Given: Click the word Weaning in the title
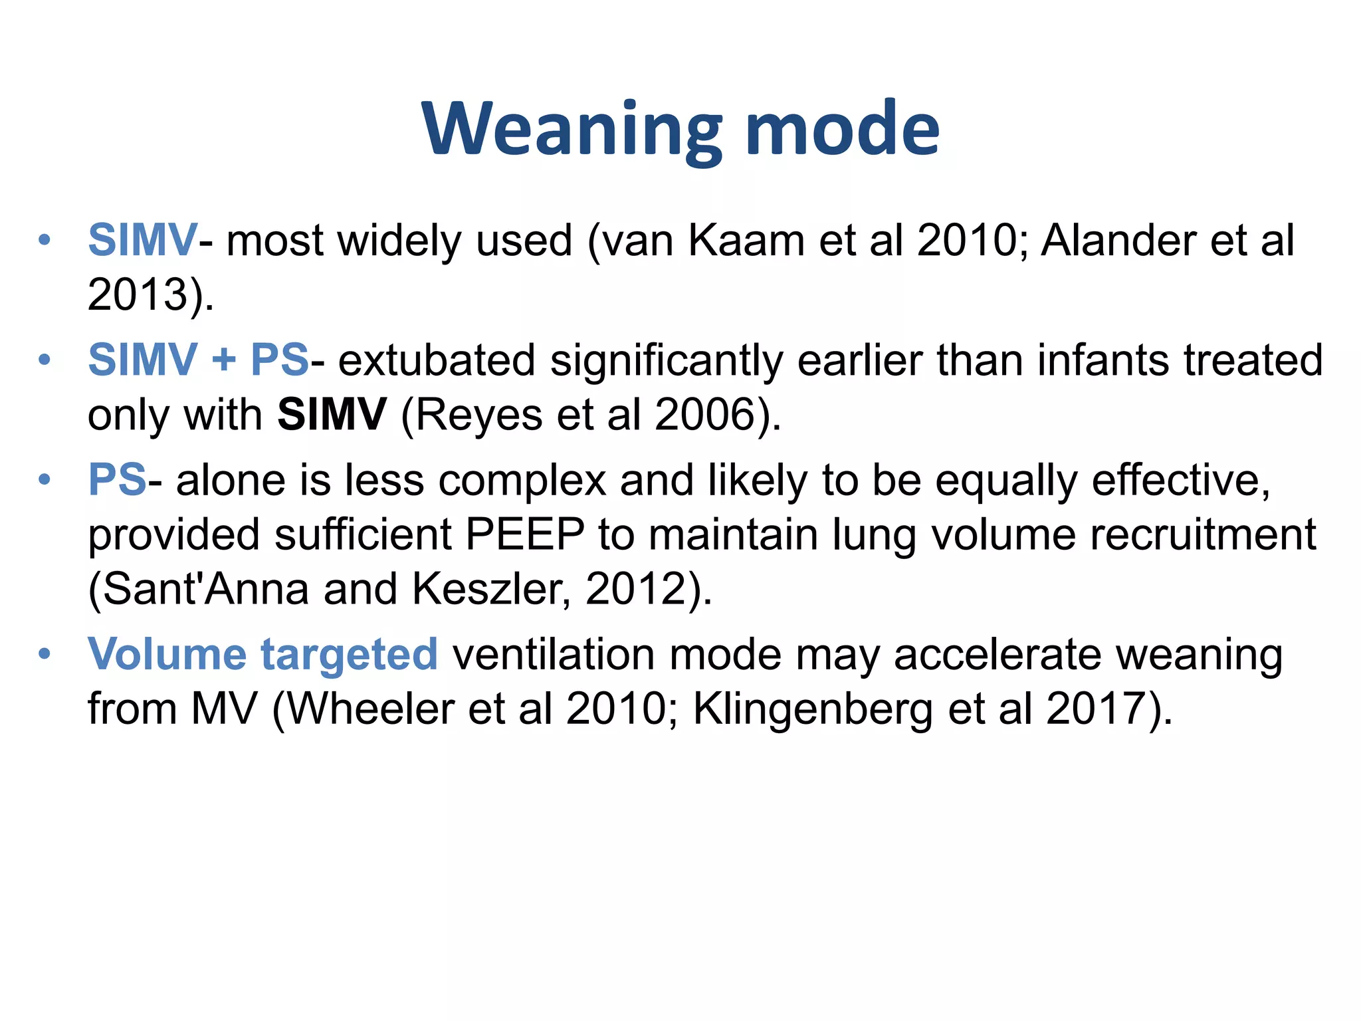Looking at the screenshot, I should (x=572, y=130).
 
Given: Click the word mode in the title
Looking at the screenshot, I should (x=843, y=130).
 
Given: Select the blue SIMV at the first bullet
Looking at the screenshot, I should (x=142, y=240).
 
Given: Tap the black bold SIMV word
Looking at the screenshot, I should (x=332, y=415).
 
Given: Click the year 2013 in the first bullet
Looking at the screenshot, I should (x=137, y=294).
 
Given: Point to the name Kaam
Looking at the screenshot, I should (x=746, y=240).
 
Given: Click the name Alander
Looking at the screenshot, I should (x=1118, y=240).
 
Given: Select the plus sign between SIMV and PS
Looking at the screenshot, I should (x=224, y=360).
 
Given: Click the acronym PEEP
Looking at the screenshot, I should (x=525, y=534).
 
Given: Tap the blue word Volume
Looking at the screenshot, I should (x=167, y=654).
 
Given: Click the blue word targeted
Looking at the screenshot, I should (x=349, y=654).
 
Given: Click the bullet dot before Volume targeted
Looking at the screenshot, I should (x=45, y=654).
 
